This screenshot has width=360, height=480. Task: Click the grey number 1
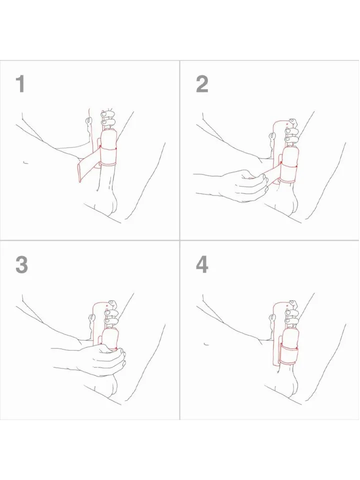(x=20, y=84)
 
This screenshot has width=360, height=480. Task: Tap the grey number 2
(x=202, y=84)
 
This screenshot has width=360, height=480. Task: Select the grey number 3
(x=21, y=265)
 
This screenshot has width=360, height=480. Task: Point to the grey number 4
(x=202, y=265)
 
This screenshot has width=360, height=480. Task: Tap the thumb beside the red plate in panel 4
(x=270, y=316)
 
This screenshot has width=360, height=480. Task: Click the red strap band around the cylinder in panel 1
(x=108, y=155)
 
